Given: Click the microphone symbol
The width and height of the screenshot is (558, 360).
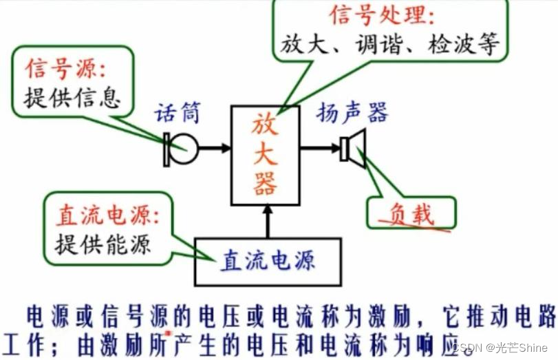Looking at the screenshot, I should pyautogui.click(x=181, y=147).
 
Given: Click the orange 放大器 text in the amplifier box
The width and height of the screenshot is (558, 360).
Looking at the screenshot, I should pyautogui.click(x=265, y=155).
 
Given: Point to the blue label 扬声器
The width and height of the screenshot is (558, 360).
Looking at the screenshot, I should pyautogui.click(x=352, y=113).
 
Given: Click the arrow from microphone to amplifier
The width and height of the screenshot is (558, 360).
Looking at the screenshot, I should pyautogui.click(x=215, y=147).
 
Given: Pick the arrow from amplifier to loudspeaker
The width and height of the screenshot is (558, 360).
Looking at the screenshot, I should pyautogui.click(x=320, y=147).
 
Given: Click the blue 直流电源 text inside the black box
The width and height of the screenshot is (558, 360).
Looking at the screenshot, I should pyautogui.click(x=268, y=261).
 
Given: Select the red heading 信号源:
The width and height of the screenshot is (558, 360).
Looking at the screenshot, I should pyautogui.click(x=68, y=69).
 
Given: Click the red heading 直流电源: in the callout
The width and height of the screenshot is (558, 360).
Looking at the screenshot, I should pyautogui.click(x=107, y=216).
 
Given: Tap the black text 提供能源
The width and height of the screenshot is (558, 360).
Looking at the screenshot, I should pyautogui.click(x=103, y=244).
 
